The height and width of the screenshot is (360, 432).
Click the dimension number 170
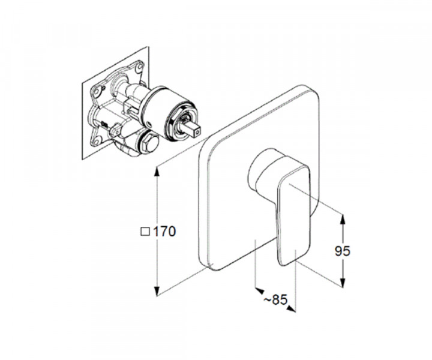164,232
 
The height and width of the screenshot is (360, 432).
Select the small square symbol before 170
145,232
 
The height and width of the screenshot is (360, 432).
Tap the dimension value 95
343,251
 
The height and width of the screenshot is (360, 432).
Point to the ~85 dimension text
275,299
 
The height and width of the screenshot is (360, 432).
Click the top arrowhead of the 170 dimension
157,171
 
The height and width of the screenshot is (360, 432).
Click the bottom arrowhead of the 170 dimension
157,291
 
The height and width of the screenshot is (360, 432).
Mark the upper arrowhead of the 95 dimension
343,220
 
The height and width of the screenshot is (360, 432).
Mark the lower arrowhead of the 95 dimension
343,283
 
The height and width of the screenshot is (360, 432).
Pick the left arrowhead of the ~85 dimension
260,290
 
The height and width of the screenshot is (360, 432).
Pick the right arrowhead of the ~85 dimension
291,309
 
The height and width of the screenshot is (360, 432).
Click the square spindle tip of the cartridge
196,132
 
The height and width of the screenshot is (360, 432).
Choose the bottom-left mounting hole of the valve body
97,142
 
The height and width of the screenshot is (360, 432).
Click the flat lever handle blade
293,215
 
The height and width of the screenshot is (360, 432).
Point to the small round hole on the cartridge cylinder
149,124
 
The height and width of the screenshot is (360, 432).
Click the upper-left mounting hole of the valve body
97,91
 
